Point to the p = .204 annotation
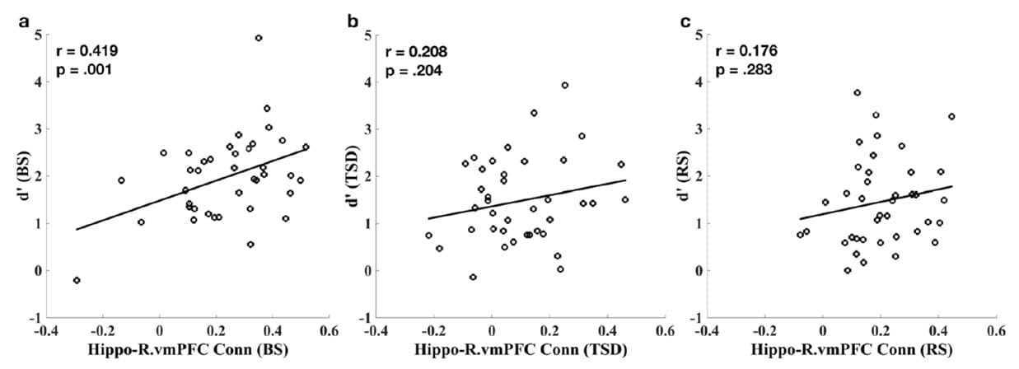click(x=413, y=71)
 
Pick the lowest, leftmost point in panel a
click(x=77, y=280)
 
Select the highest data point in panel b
click(x=564, y=85)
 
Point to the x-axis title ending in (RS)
click(x=850, y=350)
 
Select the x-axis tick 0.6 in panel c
click(x=995, y=330)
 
